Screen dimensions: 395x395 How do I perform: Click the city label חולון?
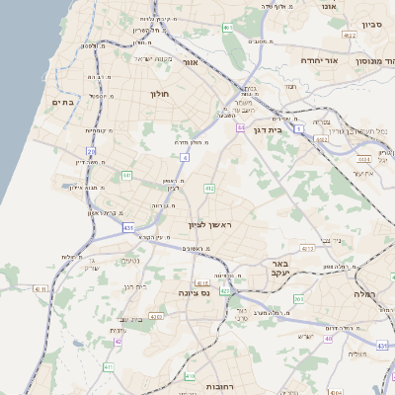(160, 94)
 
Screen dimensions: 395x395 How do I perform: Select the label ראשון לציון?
(208, 225)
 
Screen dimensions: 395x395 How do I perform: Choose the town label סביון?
(372, 24)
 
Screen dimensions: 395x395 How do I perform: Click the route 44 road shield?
(240, 127)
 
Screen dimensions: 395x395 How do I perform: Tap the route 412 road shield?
(209, 188)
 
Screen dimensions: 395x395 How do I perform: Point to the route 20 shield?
(92, 151)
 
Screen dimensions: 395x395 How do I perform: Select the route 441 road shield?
(126, 175)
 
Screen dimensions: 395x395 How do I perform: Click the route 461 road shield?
(229, 27)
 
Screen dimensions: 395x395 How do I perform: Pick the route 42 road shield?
(118, 341)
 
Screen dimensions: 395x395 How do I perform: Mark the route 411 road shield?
(108, 366)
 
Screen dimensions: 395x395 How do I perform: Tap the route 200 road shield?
(298, 297)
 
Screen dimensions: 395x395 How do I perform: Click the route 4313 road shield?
(307, 248)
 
